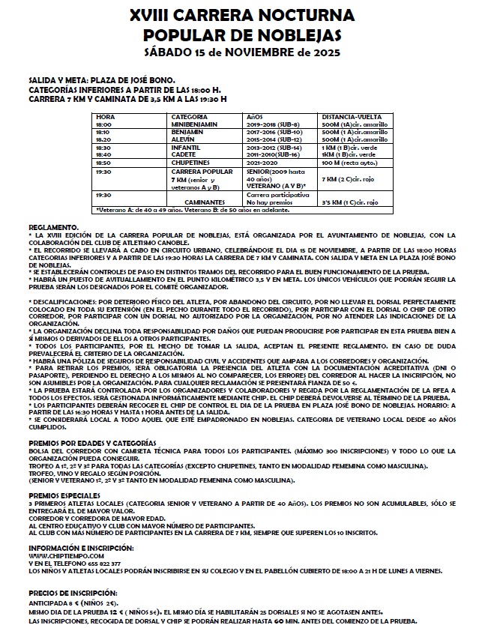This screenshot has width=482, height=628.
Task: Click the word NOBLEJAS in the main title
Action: pos(287,34)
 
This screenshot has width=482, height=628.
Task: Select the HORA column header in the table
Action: pos(105,118)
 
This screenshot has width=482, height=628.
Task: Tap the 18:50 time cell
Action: pos(103,163)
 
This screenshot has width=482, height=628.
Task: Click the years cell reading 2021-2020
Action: pos(262,163)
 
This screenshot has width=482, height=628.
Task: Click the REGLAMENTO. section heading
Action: pos(52,227)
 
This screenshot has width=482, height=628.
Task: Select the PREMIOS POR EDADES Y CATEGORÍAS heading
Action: pos(92,444)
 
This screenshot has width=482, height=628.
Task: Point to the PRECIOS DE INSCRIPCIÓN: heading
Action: pos(70,593)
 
